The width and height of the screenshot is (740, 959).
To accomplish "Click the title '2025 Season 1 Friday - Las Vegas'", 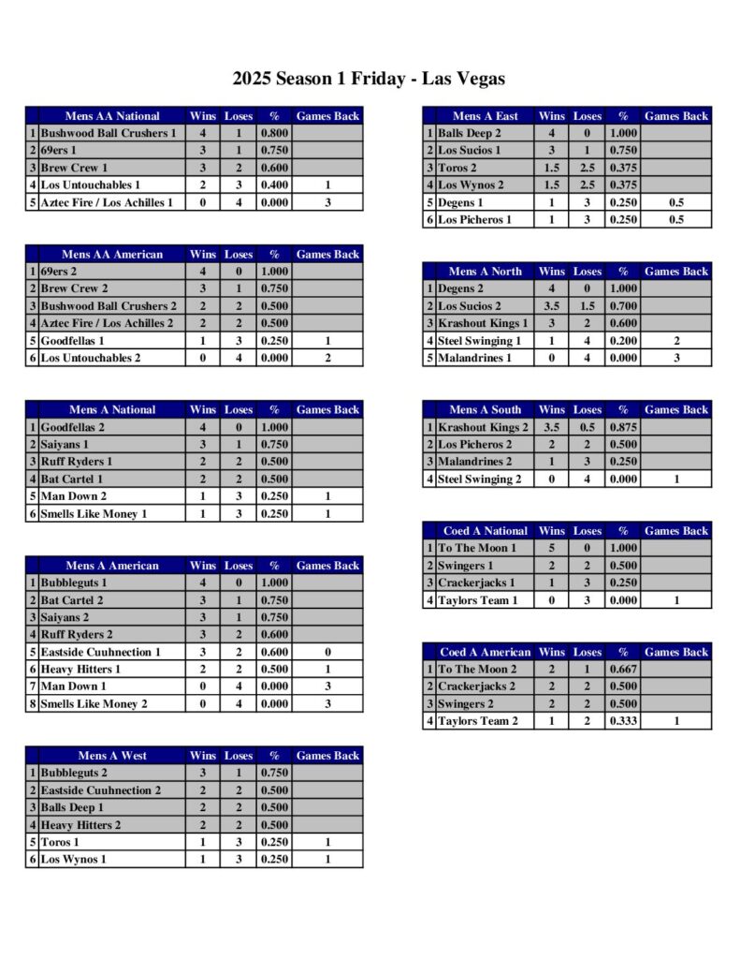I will (369, 79).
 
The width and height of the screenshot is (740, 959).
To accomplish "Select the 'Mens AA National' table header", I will (111, 116).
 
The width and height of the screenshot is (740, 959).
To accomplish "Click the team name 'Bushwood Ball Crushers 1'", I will (109, 134).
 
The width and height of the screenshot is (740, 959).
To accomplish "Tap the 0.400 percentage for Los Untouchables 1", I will (274, 185).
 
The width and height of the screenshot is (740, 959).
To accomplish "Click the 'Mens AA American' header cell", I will (112, 254).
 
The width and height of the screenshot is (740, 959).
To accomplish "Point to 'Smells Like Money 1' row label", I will (94, 514).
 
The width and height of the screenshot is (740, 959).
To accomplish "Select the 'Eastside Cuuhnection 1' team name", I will (101, 652).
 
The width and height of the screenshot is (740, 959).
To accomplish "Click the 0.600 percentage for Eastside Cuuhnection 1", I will (274, 652).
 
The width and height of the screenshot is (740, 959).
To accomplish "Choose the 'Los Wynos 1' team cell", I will (72, 860).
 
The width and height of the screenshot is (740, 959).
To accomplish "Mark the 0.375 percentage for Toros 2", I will (623, 169).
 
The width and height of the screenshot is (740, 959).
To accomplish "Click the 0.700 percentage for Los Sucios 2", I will (623, 306).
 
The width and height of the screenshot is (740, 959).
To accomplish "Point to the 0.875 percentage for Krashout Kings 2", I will (623, 428).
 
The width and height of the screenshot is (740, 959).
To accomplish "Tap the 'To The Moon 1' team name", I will (477, 548).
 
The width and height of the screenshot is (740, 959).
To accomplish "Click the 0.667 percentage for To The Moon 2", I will (623, 670).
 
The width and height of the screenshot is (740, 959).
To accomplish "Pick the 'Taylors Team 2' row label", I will (478, 721).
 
